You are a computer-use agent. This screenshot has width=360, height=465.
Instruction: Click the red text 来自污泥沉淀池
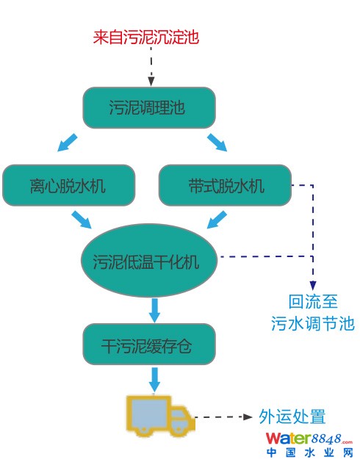coord(146,37)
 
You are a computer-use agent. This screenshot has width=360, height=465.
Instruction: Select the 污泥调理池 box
coord(149,107)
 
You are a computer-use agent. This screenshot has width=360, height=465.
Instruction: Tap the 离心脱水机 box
coord(69,185)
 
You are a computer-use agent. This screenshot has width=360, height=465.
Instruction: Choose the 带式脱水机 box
coord(225,185)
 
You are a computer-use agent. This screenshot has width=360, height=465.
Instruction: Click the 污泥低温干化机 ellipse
coord(149,260)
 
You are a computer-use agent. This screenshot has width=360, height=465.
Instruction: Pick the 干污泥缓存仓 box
coord(149,344)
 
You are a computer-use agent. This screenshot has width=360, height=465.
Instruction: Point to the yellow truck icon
coord(161,416)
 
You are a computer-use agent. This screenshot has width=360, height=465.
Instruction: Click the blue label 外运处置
coord(292,417)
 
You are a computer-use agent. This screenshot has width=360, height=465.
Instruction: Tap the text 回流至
coord(313,302)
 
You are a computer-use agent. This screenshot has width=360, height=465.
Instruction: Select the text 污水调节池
coord(313,323)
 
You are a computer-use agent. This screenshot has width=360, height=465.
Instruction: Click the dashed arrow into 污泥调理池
coord(151,66)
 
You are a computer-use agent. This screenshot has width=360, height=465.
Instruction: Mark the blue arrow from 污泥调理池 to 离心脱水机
coord(68,143)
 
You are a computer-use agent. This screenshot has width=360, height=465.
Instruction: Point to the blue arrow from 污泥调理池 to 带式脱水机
coord(217,143)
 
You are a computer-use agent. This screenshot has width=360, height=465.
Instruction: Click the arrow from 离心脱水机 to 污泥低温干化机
coord(82,220)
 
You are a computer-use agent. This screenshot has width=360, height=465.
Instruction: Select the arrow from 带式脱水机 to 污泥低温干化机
coord(217,220)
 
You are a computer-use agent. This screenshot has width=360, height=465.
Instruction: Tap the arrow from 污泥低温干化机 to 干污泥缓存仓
coord(154,310)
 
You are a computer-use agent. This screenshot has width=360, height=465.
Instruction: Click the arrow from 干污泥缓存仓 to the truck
coord(154,380)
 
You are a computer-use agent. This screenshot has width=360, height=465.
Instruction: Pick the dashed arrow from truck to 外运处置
coord(223,417)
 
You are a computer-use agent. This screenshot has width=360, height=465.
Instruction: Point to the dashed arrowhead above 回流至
coord(313,286)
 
